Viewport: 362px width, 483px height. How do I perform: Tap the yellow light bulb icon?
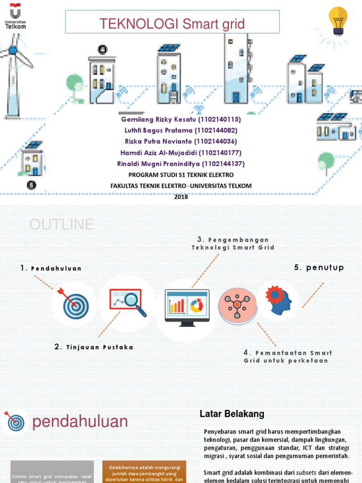point(338,21)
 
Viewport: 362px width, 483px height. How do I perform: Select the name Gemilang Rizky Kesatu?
point(158,119)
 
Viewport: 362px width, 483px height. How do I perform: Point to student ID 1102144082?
point(217,130)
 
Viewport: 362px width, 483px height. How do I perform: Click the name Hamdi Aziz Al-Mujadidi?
point(157,152)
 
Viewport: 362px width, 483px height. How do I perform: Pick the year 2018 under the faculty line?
point(181,197)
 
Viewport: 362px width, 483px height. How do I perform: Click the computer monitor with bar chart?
point(187,307)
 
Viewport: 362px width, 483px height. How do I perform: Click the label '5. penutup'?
point(319,267)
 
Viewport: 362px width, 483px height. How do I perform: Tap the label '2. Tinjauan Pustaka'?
point(94,347)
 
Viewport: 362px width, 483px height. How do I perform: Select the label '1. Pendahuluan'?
point(51,268)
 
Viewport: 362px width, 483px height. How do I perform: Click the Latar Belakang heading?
point(232,414)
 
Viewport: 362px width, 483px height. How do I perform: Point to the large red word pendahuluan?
point(80,421)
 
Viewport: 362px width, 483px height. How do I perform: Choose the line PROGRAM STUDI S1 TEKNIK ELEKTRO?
point(181,175)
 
